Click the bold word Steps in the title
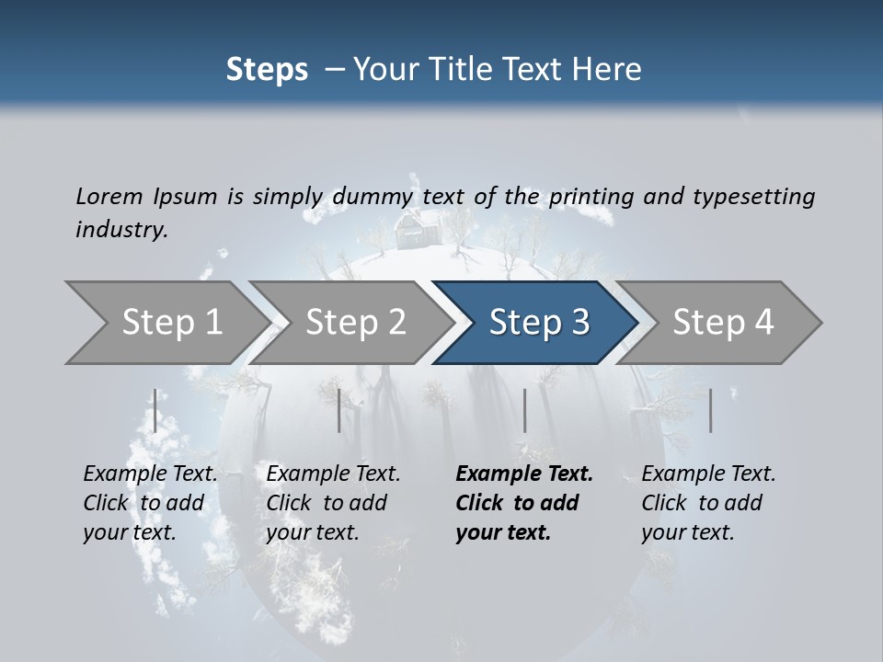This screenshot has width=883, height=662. pos(267,69)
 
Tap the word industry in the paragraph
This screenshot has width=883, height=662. pos(120,229)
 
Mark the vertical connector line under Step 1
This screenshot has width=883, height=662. pos(155,410)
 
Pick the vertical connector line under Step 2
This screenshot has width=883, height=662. pos(339,410)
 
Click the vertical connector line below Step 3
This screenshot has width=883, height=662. pos(524,410)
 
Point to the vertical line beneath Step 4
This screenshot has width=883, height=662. pos(710,410)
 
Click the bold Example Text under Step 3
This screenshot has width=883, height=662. pos(524,474)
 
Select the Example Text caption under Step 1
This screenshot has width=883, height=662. pos(150,474)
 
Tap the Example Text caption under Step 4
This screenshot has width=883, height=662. pos(708,474)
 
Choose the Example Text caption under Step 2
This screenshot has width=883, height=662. pos(333,474)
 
